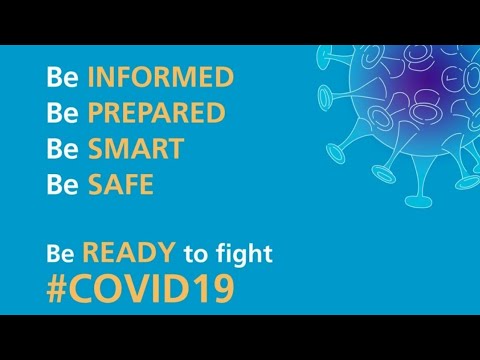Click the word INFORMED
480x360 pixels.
160,77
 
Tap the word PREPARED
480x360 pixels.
156,113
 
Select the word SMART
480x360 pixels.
135,149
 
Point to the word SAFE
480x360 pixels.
120,185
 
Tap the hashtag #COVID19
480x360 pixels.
141,288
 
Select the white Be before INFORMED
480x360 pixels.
62,77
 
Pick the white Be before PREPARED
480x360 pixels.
62,113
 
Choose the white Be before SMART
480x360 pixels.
62,149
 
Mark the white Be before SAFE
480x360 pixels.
62,185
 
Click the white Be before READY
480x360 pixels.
62,254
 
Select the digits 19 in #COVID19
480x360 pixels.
218,288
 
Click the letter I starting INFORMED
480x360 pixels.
91,77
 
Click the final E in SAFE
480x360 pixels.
146,185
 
